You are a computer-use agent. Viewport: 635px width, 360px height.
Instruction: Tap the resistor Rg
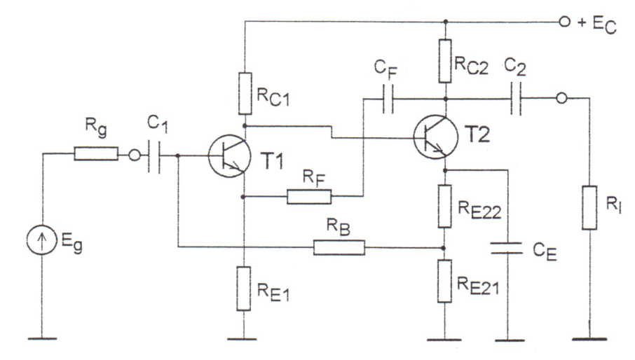point(96,155)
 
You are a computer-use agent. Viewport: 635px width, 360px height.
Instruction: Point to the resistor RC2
point(445,60)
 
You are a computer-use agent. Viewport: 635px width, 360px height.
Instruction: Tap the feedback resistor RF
point(309,197)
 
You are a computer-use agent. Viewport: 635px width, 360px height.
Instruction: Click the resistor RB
point(340,247)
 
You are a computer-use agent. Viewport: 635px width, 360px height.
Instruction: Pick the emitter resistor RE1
point(244,287)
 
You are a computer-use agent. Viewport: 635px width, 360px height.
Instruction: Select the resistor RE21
point(445,281)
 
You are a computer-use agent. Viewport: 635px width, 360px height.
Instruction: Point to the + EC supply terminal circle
point(564,22)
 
